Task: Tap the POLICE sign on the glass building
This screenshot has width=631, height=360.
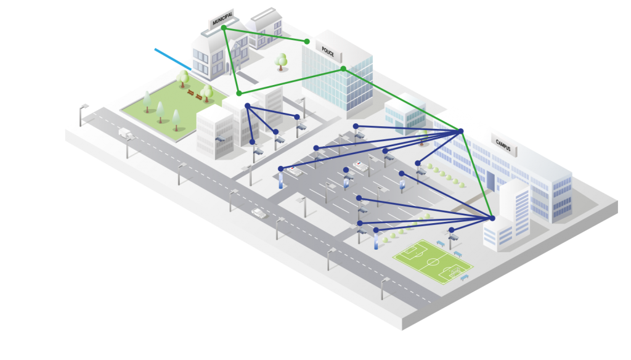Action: point(328,52)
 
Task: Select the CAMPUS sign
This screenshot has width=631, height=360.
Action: point(503,143)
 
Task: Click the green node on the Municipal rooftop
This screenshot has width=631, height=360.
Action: point(224,28)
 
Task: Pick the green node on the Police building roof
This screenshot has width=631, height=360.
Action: point(343,68)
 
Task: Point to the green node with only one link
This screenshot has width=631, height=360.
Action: point(307,41)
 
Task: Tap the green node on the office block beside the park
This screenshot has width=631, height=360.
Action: point(239,93)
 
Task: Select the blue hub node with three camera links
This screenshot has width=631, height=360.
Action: point(247,106)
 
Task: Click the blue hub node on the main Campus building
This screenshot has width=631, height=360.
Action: point(460,131)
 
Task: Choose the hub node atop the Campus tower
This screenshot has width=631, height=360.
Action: point(492,218)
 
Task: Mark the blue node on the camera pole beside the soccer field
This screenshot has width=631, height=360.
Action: point(452,230)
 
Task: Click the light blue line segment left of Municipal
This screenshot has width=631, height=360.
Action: point(172,58)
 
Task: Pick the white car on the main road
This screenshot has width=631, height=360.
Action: point(259,213)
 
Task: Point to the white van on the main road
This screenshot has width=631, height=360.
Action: point(125,133)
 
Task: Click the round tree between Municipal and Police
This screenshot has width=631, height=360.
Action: point(282,60)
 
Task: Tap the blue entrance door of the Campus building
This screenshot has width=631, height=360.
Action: point(491,181)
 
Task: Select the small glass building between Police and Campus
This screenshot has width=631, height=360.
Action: point(404,115)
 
